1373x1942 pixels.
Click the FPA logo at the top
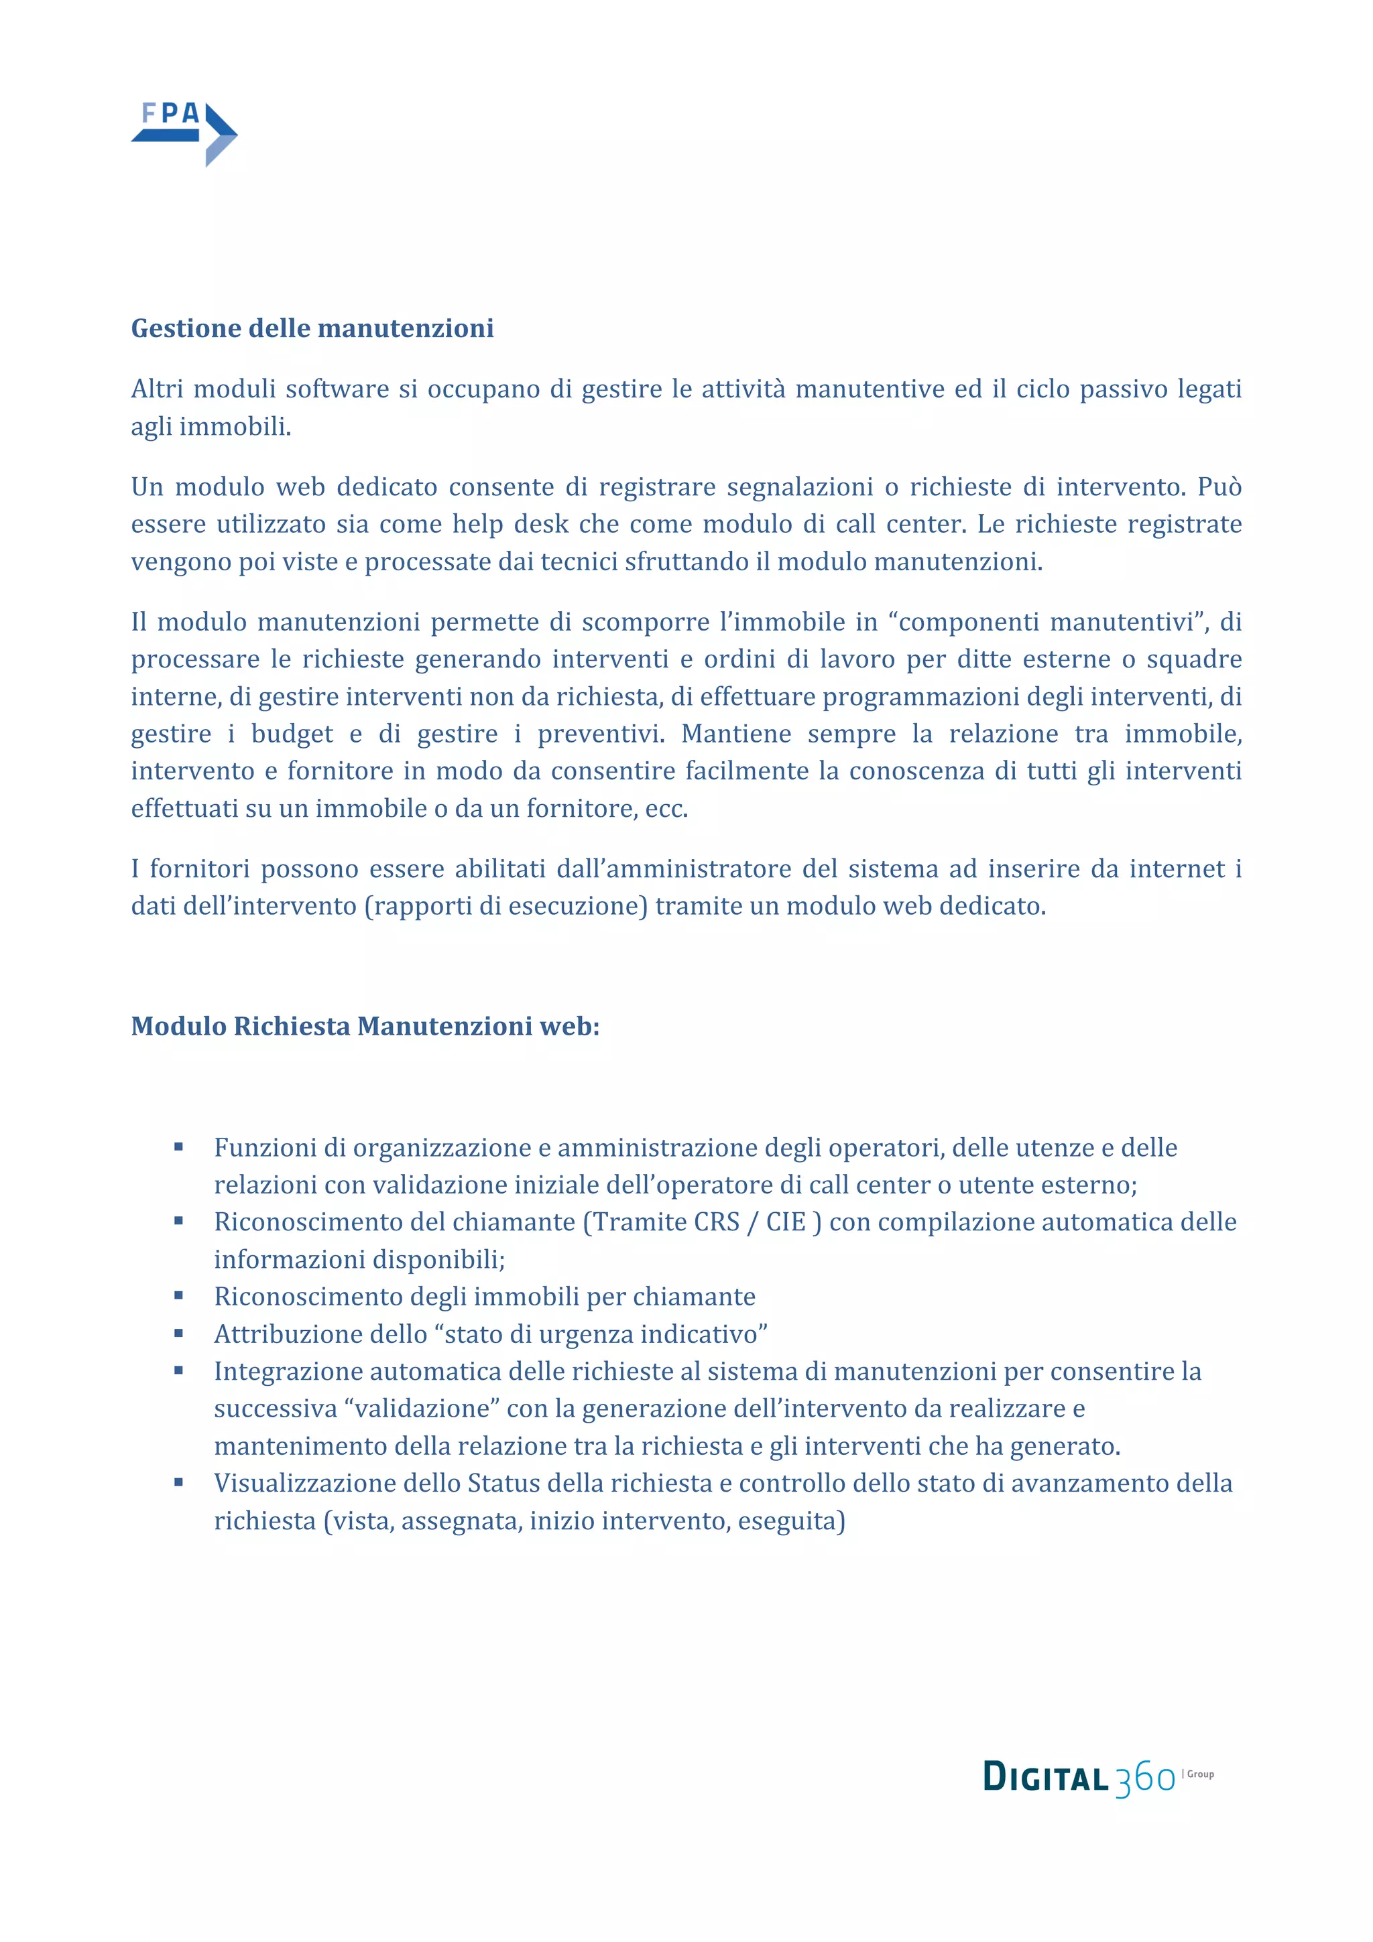tap(184, 133)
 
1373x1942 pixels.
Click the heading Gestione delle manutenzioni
tap(312, 328)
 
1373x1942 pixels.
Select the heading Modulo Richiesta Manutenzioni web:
tap(365, 1026)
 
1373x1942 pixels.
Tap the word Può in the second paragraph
tap(1219, 487)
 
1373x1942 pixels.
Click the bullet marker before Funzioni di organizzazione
tap(178, 1147)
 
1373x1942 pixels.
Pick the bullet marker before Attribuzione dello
tap(178, 1334)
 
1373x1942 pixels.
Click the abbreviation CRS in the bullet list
tap(717, 1222)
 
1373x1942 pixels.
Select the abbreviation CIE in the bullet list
tap(786, 1222)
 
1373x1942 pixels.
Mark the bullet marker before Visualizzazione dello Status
tap(178, 1483)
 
